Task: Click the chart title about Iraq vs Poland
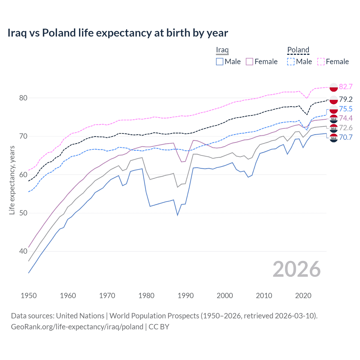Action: click(118, 33)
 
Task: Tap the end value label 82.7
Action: click(346, 87)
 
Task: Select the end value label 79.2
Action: click(346, 99)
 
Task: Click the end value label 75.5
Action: click(346, 109)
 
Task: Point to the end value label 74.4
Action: click(346, 118)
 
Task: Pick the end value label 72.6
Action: click(346, 128)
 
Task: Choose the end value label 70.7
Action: click(346, 137)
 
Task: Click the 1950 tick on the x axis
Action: click(29, 296)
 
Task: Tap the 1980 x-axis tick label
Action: click(146, 296)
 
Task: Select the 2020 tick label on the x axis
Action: click(303, 296)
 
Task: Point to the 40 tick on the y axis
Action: click(23, 251)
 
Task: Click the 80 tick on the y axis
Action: click(23, 98)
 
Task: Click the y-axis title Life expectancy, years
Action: click(12, 180)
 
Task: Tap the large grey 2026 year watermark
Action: click(296, 269)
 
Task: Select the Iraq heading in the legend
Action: click(222, 50)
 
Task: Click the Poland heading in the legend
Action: click(298, 50)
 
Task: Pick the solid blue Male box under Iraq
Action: click(220, 62)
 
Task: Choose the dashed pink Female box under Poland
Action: click(321, 62)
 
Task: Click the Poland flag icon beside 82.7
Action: click(334, 87)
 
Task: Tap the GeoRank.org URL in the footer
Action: click(77, 327)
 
